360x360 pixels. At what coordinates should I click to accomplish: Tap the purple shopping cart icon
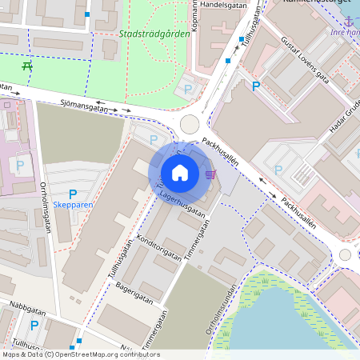coord(210,174)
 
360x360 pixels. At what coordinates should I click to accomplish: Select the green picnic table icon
coord(28,66)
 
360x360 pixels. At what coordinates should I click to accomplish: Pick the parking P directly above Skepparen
coord(73,194)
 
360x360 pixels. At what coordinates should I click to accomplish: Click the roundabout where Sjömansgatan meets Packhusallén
coord(190,123)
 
